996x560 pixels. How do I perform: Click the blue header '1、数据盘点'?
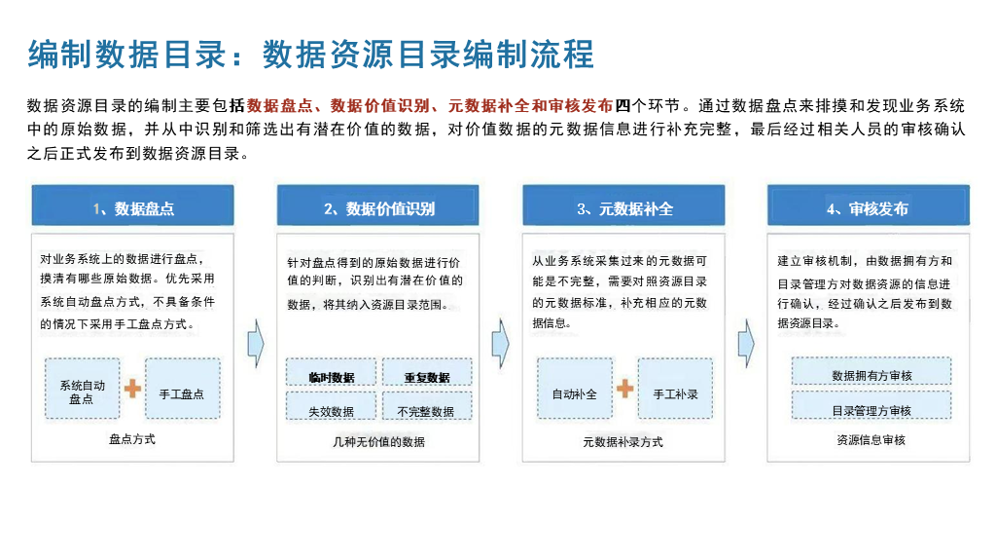133,208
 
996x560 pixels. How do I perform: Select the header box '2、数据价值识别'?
378,208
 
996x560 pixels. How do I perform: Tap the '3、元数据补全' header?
623,208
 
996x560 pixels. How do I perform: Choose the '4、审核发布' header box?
868,208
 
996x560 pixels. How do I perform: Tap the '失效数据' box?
331,411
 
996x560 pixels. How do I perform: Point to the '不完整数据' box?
426,411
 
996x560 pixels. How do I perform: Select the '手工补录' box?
675,393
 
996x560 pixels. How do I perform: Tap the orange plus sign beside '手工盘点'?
132,389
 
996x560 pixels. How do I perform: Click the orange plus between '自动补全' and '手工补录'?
624,389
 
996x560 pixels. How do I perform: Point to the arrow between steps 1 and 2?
256,342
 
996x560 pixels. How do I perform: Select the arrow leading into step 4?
746,342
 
